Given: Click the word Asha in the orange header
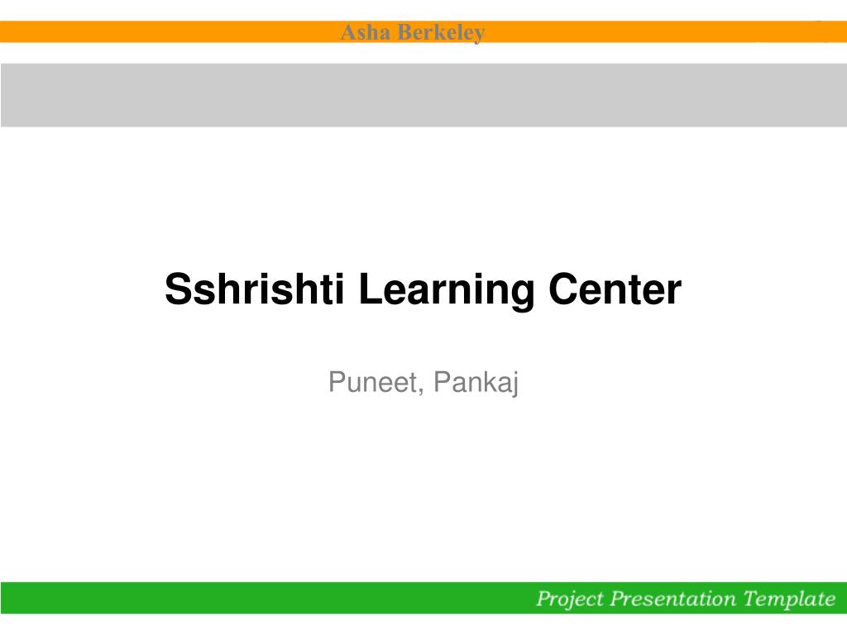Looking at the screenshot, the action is [x=365, y=32].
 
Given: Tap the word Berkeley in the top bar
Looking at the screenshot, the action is [x=441, y=33].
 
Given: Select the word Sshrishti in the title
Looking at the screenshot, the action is [x=255, y=289].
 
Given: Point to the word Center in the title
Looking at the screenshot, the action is [x=615, y=289].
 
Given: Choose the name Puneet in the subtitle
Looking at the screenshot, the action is [x=373, y=382].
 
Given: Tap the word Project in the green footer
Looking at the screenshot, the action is [x=570, y=599].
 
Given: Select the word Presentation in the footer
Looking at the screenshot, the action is [x=673, y=599].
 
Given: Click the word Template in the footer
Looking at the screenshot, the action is [x=790, y=599].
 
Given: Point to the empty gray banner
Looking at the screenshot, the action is [x=423, y=95].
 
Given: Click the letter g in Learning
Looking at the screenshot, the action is [x=522, y=296].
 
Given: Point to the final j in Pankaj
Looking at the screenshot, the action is [x=514, y=384].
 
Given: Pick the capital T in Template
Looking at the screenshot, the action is [x=751, y=598].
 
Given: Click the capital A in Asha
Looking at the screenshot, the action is [x=348, y=32].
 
